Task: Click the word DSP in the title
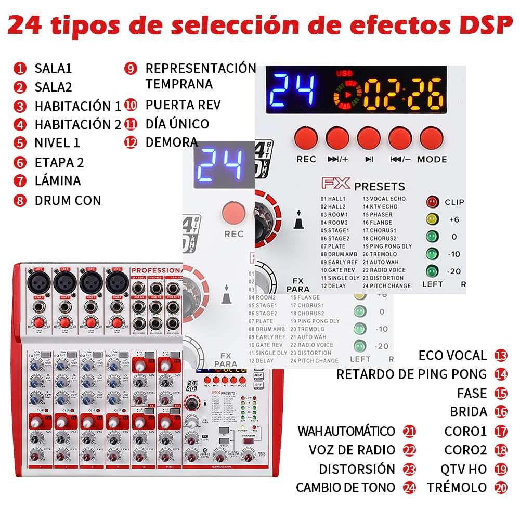[x=476, y=24]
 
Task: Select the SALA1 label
[x=53, y=68]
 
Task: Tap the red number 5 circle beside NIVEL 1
[x=20, y=143]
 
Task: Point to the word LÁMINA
[x=58, y=181]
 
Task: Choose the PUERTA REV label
[x=183, y=105]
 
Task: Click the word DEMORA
[x=172, y=142]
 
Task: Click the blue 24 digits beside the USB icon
[x=293, y=89]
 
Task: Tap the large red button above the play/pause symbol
[x=369, y=138]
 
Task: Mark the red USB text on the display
[x=344, y=74]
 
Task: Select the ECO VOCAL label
[x=452, y=356]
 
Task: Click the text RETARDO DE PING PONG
[x=411, y=374]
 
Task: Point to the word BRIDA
[x=469, y=412]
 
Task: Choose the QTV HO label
[x=463, y=469]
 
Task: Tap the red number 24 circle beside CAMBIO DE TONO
[x=410, y=488]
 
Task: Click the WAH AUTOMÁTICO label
[x=346, y=431]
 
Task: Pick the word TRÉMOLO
[x=457, y=488]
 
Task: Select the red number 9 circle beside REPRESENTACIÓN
[x=131, y=69]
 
